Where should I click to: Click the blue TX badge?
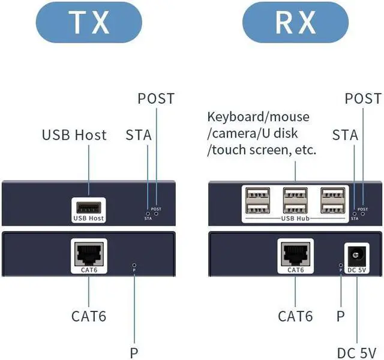tap(89, 22)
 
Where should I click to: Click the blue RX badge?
tap(296, 22)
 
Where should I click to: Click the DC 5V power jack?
tap(356, 256)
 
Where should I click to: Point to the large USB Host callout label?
tap(74, 134)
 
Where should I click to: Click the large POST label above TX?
tap(156, 98)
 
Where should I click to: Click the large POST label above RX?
tap(363, 98)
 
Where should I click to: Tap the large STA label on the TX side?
tap(138, 134)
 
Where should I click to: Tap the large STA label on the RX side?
tap(345, 134)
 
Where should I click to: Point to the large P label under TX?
tap(133, 352)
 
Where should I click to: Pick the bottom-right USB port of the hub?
tap(334, 208)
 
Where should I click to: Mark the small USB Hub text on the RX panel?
tap(296, 218)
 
